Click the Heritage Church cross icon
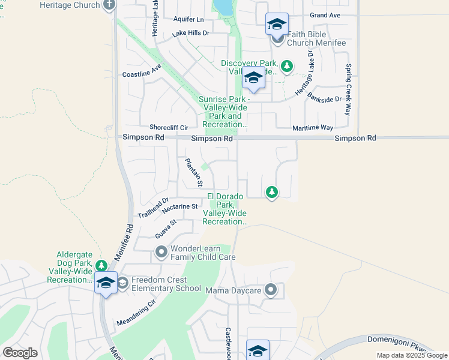pyautogui.click(x=109, y=5)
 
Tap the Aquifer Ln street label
pyautogui.click(x=188, y=19)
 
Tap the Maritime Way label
pyautogui.click(x=312, y=128)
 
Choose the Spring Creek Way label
pyautogui.click(x=348, y=90)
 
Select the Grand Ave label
pyautogui.click(x=325, y=14)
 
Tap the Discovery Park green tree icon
pyautogui.click(x=288, y=65)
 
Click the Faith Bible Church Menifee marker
pyautogui.click(x=277, y=38)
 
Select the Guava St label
pyautogui.click(x=166, y=229)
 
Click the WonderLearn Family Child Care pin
pyautogui.click(x=161, y=252)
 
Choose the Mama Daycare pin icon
pyautogui.click(x=271, y=290)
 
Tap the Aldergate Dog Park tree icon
pyautogui.click(x=101, y=265)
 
